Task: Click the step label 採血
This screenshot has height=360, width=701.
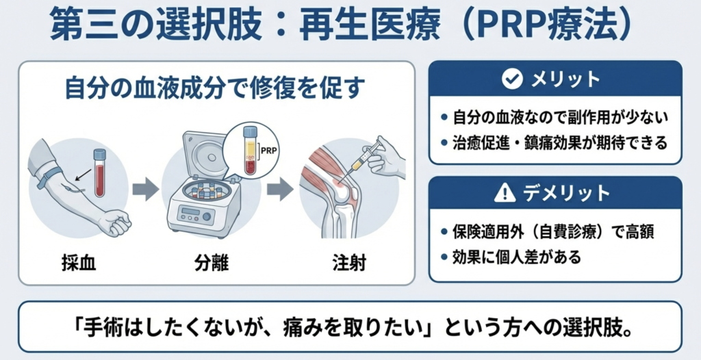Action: [x=79, y=263]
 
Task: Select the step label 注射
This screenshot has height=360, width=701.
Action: [x=349, y=263]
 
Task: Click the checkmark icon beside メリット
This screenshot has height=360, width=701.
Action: [x=512, y=79]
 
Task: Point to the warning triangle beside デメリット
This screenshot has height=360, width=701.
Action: [x=505, y=193]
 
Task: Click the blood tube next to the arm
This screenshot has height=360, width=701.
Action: [x=100, y=172]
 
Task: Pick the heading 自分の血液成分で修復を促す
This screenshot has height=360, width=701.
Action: [x=213, y=88]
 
